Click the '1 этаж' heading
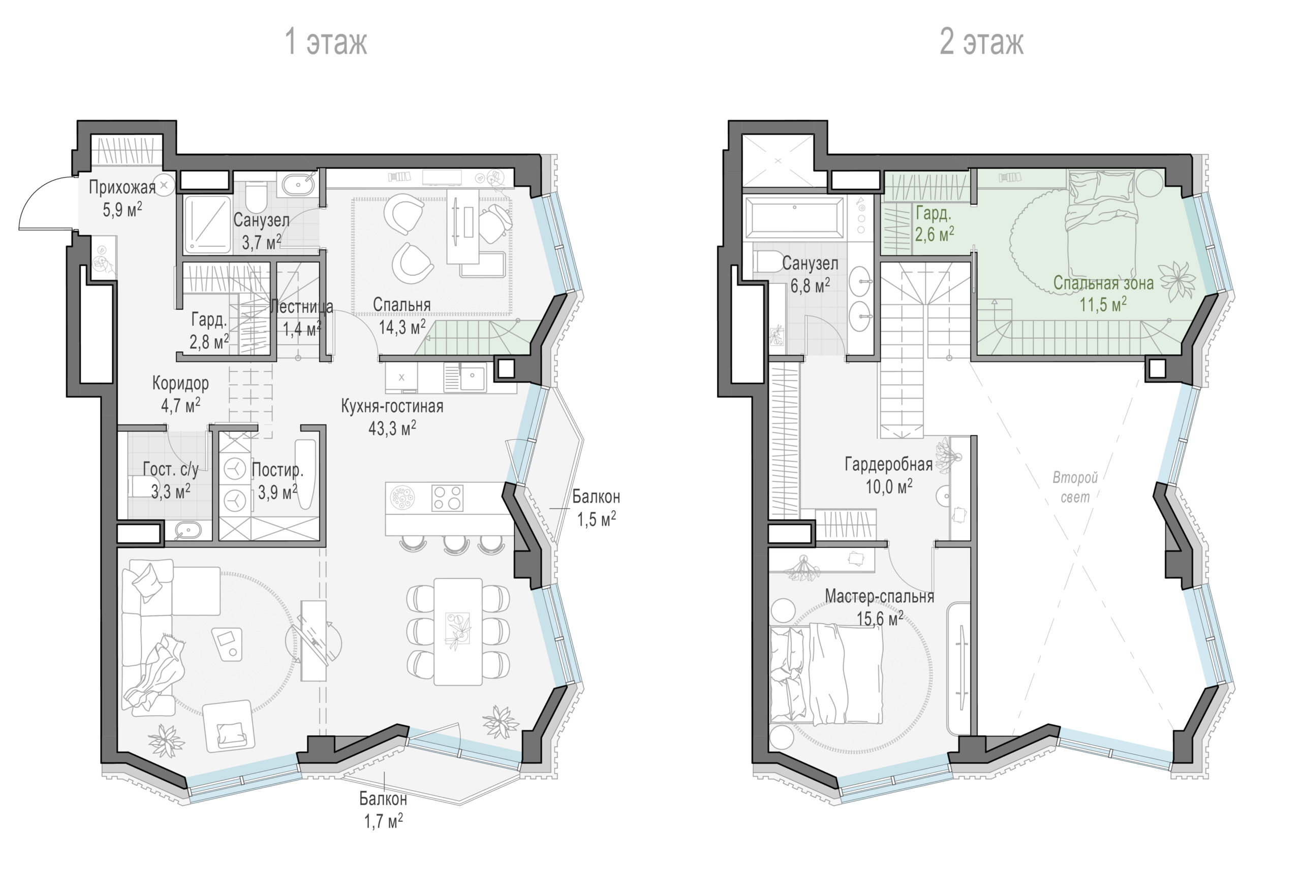[x=326, y=42]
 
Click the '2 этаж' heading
[x=981, y=42]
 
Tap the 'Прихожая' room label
[x=122, y=187]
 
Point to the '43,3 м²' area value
[x=392, y=428]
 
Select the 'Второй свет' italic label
[x=1074, y=487]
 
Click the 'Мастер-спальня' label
[x=879, y=596]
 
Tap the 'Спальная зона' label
[x=1103, y=283]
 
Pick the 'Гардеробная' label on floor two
[x=889, y=464]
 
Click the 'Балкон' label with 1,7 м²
[x=383, y=799]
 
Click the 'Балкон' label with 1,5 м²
[x=596, y=497]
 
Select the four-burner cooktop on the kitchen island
[x=447, y=498]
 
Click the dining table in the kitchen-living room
[x=458, y=632]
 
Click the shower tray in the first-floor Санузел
[x=207, y=224]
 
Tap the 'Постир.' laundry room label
[x=277, y=470]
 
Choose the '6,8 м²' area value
[x=810, y=286]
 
